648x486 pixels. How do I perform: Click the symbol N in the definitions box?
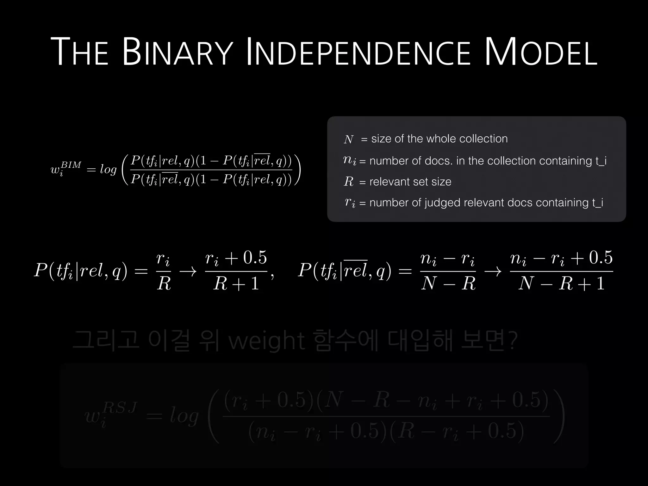348,139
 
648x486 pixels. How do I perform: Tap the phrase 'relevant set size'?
410,182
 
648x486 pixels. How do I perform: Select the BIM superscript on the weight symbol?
71,165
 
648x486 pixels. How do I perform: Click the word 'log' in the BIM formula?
108,170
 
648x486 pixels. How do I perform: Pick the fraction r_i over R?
164,271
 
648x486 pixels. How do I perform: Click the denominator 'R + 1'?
236,283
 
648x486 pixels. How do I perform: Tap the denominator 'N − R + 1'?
561,283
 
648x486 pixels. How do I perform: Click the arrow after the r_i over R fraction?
188,271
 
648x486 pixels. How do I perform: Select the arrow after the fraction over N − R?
493,271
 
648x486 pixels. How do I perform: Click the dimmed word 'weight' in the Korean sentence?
266,341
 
